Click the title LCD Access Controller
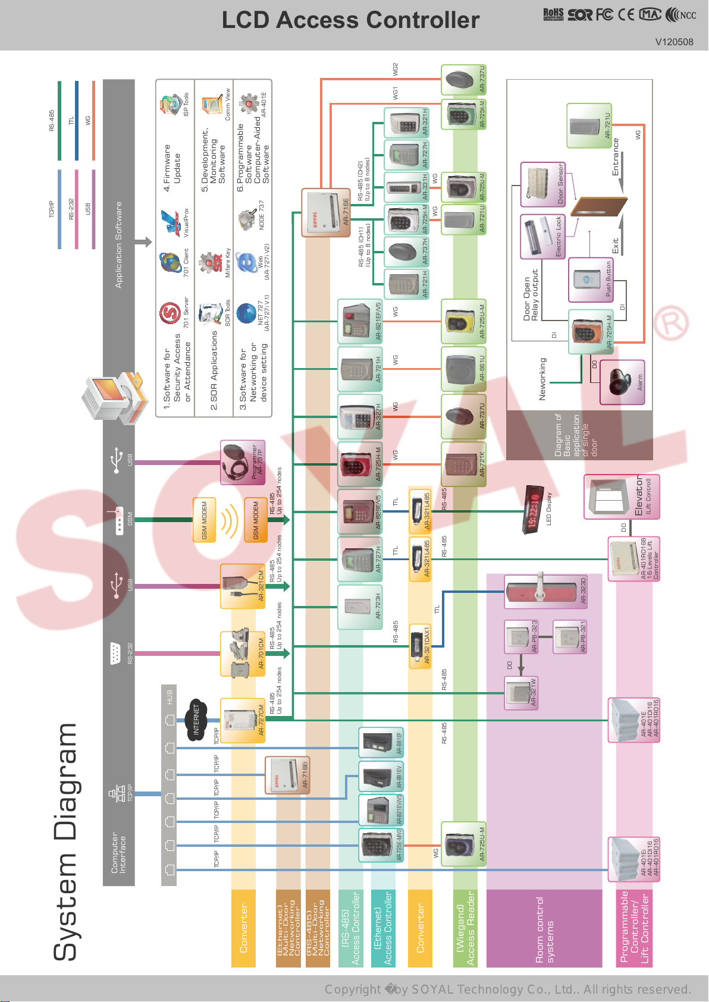tap(350, 20)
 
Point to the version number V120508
tap(674, 42)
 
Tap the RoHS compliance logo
tap(553, 14)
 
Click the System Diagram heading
tap(65, 841)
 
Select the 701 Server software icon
tap(170, 313)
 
